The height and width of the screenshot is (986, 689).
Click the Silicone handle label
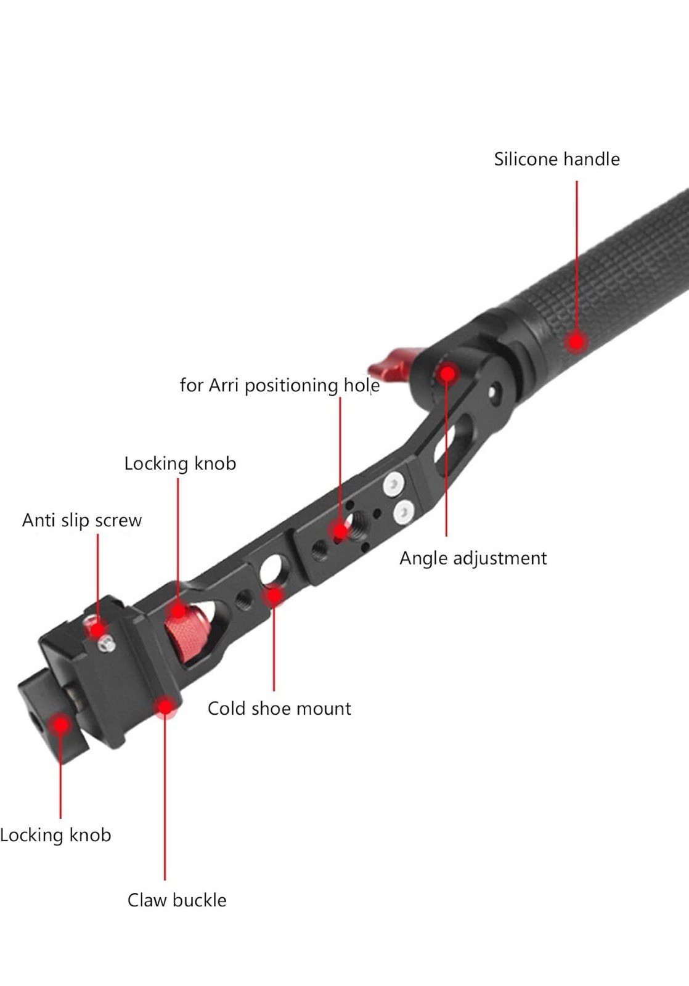(556, 159)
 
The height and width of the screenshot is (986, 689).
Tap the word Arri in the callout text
(224, 385)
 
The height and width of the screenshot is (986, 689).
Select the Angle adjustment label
(473, 558)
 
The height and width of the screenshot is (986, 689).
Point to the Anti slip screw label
(82, 521)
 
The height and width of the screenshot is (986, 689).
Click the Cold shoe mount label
(279, 709)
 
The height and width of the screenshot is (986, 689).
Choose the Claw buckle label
(177, 900)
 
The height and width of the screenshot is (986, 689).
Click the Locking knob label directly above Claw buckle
(55, 836)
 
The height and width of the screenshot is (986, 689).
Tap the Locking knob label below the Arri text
(180, 463)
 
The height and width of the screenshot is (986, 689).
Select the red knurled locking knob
(185, 635)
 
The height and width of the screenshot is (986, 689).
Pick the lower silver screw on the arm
(404, 510)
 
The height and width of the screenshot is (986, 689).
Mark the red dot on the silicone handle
(576, 342)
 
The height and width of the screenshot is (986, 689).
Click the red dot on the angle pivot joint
(446, 373)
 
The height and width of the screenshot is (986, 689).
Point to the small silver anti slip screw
(107, 643)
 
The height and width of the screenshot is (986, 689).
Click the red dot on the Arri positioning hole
(340, 530)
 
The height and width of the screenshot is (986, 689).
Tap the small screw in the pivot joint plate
(493, 391)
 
